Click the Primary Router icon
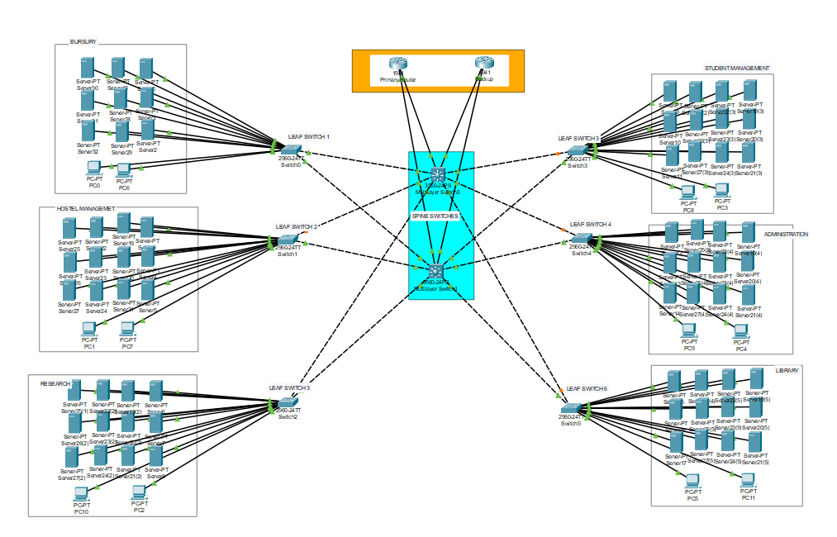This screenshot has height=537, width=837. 398,64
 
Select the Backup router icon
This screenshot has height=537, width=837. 484,64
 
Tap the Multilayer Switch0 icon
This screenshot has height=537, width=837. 437,175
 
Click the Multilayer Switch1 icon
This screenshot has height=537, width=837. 436,271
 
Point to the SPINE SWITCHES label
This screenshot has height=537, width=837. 435,216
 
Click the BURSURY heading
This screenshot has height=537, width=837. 84,41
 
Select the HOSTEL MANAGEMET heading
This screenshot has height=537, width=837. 85,209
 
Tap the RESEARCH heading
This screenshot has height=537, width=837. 55,384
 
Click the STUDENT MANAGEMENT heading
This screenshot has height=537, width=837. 737,69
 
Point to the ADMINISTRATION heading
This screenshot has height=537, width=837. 785,234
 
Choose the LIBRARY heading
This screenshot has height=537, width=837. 787,371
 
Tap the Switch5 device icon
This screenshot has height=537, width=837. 571,408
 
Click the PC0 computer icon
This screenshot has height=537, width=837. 94,168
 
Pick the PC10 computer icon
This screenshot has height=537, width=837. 81,493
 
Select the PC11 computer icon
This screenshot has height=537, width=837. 748,480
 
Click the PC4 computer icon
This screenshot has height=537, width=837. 740,330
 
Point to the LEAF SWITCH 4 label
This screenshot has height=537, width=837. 590,225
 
